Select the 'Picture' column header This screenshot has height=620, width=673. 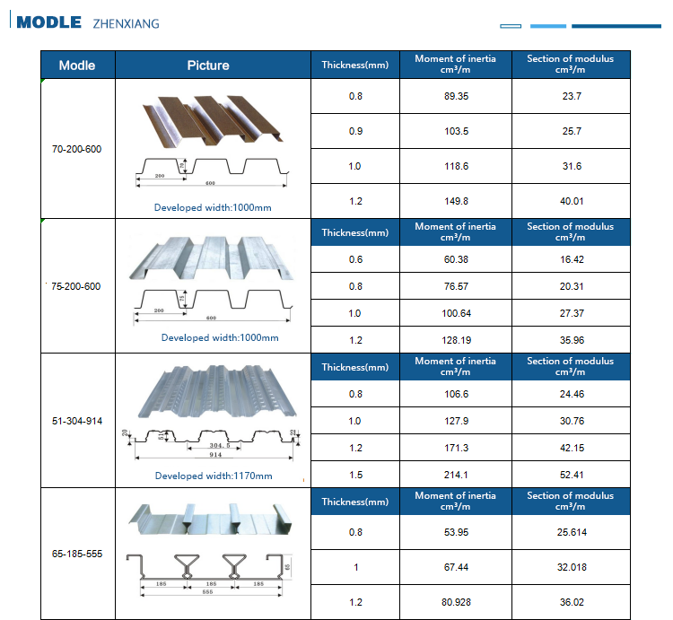click(x=208, y=65)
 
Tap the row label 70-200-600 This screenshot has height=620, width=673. click(x=77, y=149)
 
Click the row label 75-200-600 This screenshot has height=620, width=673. click(x=76, y=286)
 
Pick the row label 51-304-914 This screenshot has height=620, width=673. click(x=77, y=420)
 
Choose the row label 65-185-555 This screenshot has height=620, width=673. click(x=77, y=554)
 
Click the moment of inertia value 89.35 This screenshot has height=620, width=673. click(x=455, y=96)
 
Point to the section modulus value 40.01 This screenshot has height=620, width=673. click(x=572, y=202)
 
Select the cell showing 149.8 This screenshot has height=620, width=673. click(x=455, y=202)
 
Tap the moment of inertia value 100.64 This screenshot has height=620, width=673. click(x=455, y=313)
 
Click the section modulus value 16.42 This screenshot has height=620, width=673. click(x=572, y=259)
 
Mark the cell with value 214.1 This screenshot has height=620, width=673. click(x=455, y=475)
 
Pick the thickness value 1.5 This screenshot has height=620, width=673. click(x=355, y=475)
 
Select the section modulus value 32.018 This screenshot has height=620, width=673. click(x=572, y=567)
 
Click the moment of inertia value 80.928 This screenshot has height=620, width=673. click(x=455, y=602)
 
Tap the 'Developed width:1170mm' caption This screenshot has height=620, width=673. click(x=214, y=476)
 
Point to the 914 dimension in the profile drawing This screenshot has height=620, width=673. click(x=215, y=455)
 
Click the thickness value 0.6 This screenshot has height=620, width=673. click(x=355, y=259)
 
